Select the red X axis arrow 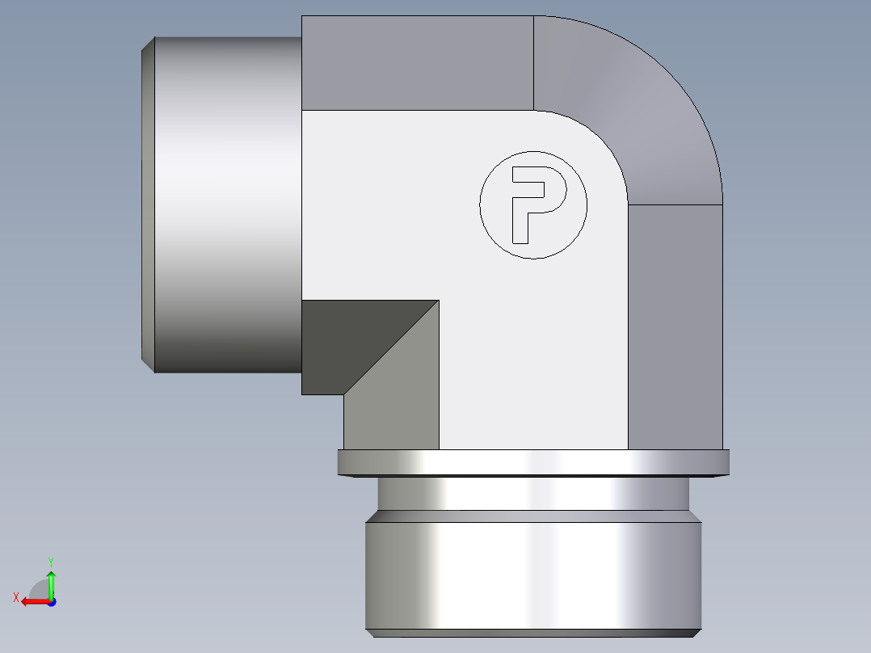click(x=32, y=601)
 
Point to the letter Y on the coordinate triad click(x=50, y=560)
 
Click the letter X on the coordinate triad click(x=15, y=597)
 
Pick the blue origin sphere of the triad click(x=51, y=601)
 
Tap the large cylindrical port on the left click(x=226, y=202)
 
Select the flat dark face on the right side click(x=675, y=323)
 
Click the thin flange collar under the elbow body click(x=533, y=462)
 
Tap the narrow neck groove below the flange click(x=533, y=492)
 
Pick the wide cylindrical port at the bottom click(x=533, y=574)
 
